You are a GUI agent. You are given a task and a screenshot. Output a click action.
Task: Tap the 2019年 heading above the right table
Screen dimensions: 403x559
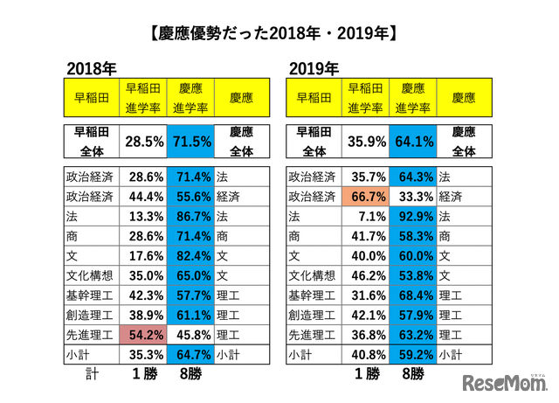pos(312,68)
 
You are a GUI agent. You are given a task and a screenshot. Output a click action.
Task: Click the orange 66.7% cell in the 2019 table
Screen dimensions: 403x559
pos(362,197)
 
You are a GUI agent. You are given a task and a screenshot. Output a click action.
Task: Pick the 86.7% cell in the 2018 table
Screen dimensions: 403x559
pos(190,216)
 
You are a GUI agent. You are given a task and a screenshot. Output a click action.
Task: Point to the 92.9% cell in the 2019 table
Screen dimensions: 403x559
pos(412,216)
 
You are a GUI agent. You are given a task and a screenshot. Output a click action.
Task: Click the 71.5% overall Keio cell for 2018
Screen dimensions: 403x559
pos(190,141)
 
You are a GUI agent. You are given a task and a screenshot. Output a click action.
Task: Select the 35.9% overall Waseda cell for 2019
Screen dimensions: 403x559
pos(362,141)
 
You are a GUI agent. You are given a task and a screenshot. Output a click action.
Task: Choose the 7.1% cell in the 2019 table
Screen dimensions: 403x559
pos(362,216)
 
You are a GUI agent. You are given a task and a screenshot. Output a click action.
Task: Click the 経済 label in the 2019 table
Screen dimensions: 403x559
pos(452,197)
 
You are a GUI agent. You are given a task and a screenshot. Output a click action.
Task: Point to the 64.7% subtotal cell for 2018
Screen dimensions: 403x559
pos(190,355)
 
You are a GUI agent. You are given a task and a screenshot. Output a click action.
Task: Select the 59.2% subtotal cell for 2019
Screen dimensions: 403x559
pos(412,355)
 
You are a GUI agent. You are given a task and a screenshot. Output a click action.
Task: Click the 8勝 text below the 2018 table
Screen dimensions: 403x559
pos(190,374)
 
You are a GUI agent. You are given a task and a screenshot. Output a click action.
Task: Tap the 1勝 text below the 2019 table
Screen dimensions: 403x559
pos(362,374)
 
